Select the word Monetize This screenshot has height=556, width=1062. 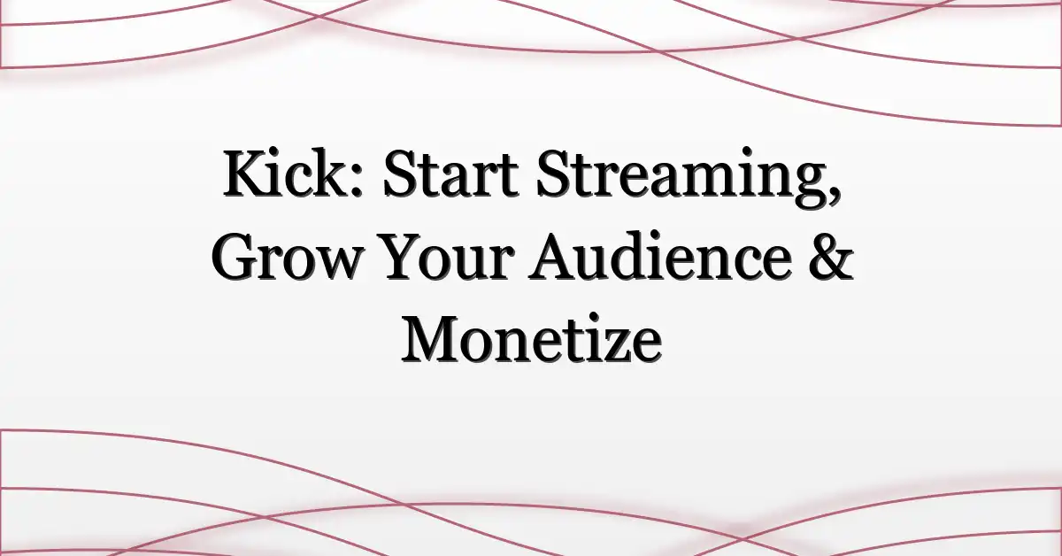[x=531, y=340]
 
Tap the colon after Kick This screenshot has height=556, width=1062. [x=358, y=181]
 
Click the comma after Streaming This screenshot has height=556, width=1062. [x=833, y=196]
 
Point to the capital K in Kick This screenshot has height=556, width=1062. [x=248, y=174]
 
